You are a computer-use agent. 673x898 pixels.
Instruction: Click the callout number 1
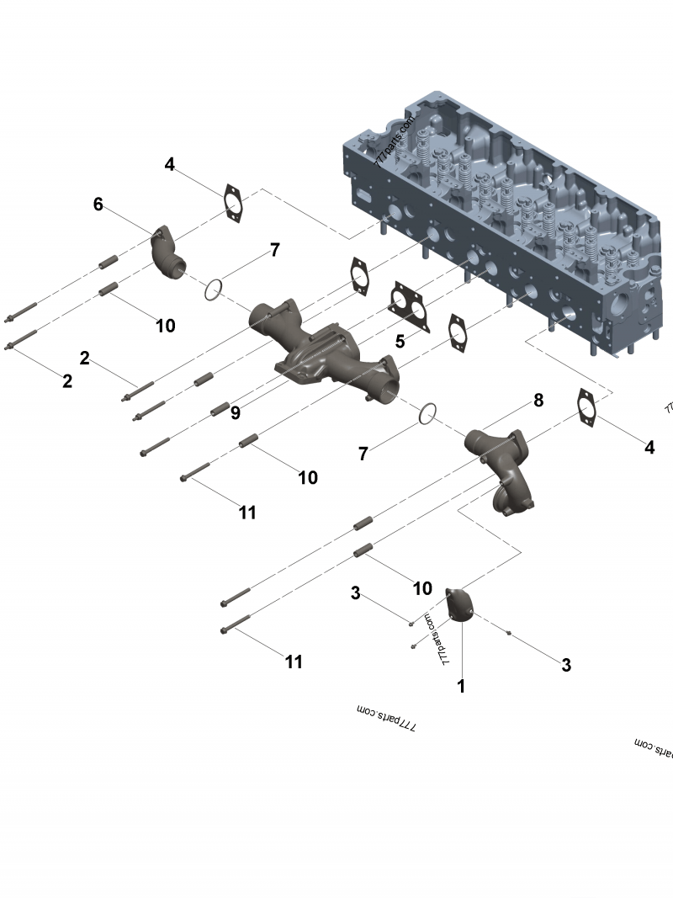461,686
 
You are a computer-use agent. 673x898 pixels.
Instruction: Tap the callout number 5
400,341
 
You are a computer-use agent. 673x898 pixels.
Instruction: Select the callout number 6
98,205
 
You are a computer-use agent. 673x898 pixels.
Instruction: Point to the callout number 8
538,400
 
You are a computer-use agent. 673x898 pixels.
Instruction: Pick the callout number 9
236,412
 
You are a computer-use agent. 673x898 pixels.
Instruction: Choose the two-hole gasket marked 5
409,306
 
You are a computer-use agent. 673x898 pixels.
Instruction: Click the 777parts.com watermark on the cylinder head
395,140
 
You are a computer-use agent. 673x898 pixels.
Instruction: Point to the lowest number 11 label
293,662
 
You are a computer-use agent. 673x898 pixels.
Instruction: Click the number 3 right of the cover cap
566,665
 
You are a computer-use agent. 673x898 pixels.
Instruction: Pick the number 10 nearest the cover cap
422,588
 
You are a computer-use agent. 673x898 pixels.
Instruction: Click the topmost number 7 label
274,250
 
